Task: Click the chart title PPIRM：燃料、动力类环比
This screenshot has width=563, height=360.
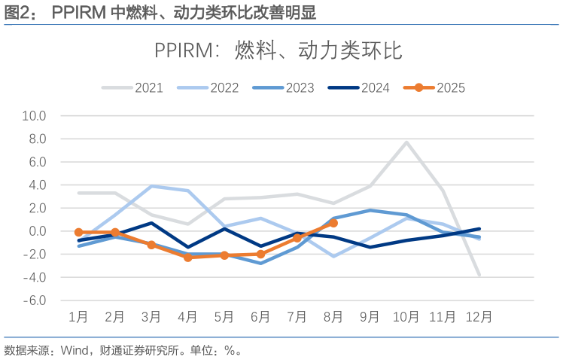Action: (x=278, y=50)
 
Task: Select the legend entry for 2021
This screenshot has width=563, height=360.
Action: (x=133, y=87)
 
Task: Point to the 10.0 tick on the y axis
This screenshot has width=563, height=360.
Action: (x=35, y=116)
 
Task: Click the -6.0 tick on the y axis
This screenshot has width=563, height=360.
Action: (x=35, y=301)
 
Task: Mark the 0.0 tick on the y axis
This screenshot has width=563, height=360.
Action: (x=36, y=231)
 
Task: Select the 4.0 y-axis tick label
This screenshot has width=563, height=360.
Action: (x=36, y=185)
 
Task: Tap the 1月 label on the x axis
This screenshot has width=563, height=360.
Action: (x=79, y=317)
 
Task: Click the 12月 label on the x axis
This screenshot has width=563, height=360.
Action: (x=479, y=317)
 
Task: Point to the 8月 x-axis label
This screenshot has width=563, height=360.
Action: (x=333, y=317)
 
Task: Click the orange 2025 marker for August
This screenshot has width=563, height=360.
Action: (x=333, y=223)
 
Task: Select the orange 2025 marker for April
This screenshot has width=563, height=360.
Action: (x=187, y=258)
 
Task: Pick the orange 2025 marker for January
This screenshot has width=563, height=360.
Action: (x=79, y=232)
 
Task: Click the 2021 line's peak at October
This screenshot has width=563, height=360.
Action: (x=406, y=142)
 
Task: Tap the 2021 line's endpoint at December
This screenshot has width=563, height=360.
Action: (x=479, y=275)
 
